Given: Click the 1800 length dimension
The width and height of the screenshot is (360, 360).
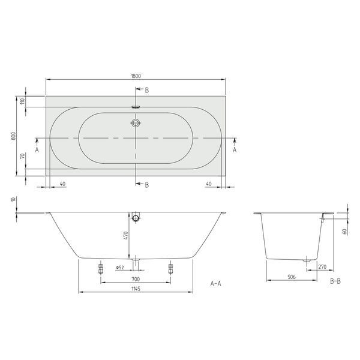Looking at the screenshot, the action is (x=136, y=76).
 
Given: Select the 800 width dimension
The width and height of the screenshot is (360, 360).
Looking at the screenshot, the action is (x=14, y=136).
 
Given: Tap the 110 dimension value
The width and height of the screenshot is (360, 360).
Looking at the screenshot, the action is (x=22, y=101).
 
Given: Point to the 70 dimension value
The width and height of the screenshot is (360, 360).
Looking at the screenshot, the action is (x=22, y=157).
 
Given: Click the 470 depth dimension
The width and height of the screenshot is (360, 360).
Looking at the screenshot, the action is (x=125, y=236).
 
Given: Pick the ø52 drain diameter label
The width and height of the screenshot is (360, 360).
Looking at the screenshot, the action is (x=120, y=267).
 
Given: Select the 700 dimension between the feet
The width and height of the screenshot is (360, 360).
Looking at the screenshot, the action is (x=136, y=279).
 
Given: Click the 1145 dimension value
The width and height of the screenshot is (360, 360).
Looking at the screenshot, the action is (x=136, y=289).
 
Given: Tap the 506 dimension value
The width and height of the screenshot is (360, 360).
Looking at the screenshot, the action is (x=292, y=277).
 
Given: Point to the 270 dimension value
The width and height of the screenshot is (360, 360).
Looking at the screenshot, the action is (x=322, y=267).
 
